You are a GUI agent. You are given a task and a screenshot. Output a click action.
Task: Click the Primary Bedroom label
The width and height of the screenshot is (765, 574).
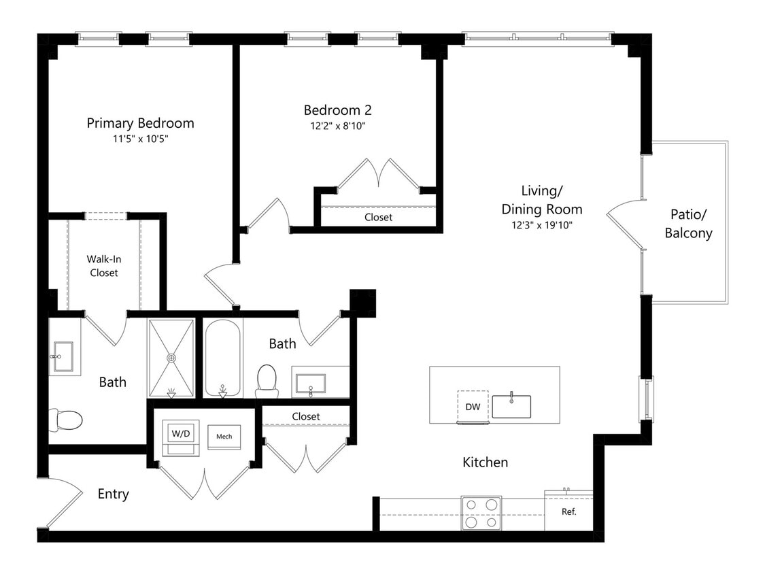(141, 123)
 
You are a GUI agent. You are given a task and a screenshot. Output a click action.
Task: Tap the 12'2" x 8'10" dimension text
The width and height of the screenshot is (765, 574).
(337, 126)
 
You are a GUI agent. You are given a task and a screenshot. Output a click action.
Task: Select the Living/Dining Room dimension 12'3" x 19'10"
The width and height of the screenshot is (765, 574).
(541, 225)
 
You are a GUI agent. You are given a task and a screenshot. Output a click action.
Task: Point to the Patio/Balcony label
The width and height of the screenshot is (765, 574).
(688, 224)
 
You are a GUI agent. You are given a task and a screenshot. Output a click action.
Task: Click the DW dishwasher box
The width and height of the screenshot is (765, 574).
(473, 407)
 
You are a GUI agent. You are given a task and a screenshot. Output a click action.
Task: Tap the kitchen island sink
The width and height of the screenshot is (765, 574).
(511, 407)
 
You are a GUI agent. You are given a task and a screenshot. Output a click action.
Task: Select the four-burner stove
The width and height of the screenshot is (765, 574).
(481, 513)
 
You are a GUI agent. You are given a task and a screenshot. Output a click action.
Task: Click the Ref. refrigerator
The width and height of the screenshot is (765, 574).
(568, 511)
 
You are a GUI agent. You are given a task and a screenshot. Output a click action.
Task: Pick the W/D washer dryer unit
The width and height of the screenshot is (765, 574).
(180, 437)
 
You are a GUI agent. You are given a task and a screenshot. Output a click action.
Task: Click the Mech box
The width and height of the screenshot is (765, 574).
(224, 437)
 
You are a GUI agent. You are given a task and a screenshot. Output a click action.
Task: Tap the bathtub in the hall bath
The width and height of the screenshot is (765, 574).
(222, 358)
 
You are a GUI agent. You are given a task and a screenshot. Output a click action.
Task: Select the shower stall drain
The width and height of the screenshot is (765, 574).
(171, 358)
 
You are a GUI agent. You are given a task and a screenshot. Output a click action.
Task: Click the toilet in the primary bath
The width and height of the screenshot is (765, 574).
(65, 420)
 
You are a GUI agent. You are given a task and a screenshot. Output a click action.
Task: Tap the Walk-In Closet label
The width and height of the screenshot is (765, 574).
(104, 266)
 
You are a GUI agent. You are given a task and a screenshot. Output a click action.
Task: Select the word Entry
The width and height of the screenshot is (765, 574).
(113, 494)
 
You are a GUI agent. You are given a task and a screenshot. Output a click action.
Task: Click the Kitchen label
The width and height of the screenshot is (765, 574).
(485, 462)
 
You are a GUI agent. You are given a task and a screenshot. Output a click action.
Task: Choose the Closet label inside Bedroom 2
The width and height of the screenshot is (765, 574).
(378, 217)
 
